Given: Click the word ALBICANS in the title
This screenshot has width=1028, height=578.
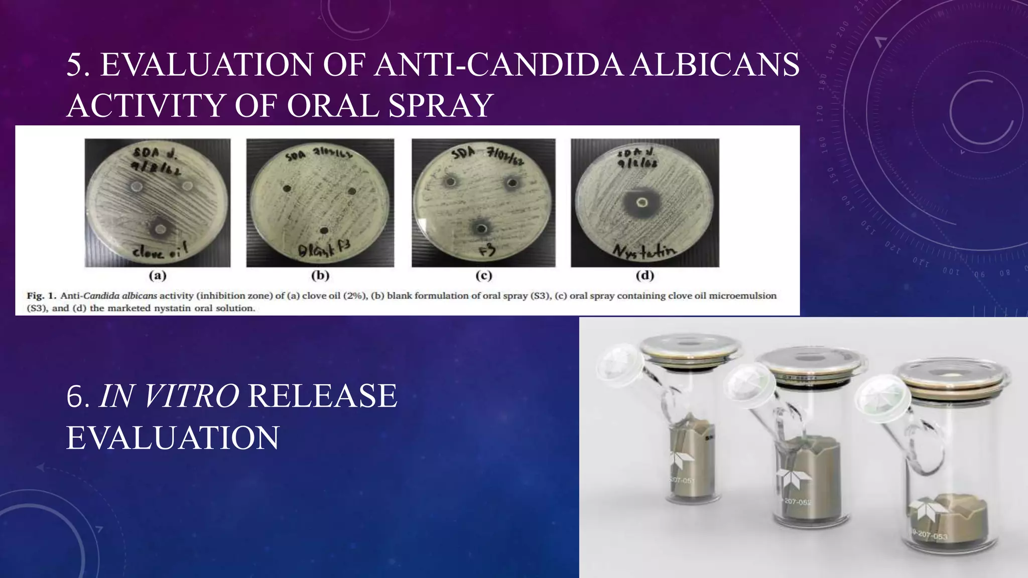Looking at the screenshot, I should click(715, 65).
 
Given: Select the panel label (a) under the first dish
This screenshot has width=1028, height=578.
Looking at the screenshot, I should click(158, 275).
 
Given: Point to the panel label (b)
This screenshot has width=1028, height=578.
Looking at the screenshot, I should click(320, 275).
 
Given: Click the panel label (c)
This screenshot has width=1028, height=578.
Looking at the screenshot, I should click(484, 275).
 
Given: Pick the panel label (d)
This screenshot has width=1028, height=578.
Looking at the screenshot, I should click(645, 275).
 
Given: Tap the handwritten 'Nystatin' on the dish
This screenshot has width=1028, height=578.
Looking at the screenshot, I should click(645, 249).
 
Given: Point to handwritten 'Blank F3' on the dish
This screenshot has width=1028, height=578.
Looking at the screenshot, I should click(324, 248).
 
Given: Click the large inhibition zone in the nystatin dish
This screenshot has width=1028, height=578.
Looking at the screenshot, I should click(641, 203).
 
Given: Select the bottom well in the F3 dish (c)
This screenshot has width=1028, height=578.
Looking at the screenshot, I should click(482, 229).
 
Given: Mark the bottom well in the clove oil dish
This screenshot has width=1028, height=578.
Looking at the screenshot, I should click(161, 230).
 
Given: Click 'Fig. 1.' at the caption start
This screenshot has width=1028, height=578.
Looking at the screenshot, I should click(41, 296).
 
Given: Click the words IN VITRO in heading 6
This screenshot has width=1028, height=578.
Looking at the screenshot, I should click(169, 396).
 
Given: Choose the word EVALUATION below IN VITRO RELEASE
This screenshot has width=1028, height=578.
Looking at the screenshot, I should click(173, 438).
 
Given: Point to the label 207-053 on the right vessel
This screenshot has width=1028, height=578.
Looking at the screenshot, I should click(932, 535).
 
